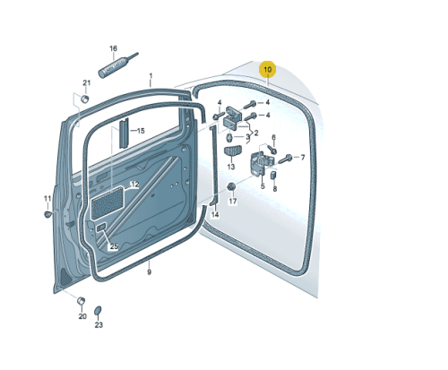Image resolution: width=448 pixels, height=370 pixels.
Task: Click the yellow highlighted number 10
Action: coord(268,70)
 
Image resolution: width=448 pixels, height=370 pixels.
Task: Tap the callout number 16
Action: coord(113,48)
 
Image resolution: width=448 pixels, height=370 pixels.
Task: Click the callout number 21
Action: coord(86,82)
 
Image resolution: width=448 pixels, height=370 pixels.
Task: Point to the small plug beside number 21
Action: coord(85,99)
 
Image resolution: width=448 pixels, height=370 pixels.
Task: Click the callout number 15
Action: coord(141,131)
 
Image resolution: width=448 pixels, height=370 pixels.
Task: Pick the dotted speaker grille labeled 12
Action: coord(108,202)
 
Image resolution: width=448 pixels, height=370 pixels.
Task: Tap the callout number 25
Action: coord(114,246)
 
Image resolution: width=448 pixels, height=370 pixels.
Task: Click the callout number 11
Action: coord(47,199)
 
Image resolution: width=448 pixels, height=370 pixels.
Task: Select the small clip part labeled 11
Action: coord(47,214)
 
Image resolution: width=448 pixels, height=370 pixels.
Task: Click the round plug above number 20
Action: coord(81,301)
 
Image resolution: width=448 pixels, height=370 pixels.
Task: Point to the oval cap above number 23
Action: coord(98,311)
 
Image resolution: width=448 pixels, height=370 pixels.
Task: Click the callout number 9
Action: coord(149,272)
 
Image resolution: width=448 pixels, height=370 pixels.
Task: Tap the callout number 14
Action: coord(215,214)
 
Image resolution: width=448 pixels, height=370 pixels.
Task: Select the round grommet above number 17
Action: coord(231,187)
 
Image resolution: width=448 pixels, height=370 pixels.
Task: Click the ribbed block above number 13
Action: coord(232,151)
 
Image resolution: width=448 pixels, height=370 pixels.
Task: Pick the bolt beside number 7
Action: coord(285,159)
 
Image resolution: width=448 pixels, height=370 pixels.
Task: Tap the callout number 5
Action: coord(263,186)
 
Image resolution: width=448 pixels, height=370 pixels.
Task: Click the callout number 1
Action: coord(151,76)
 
